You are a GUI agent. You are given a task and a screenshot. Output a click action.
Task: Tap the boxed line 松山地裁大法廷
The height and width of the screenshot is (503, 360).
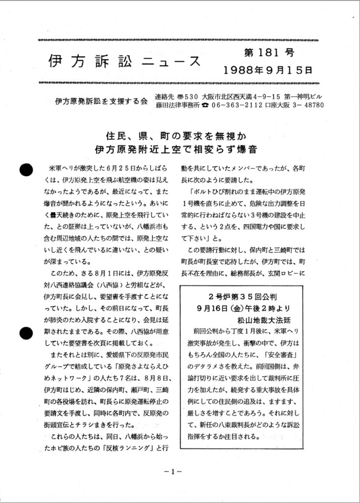(x=243, y=319)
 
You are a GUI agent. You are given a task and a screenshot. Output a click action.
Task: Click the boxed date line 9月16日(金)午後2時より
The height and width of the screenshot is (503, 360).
(x=243, y=308)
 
